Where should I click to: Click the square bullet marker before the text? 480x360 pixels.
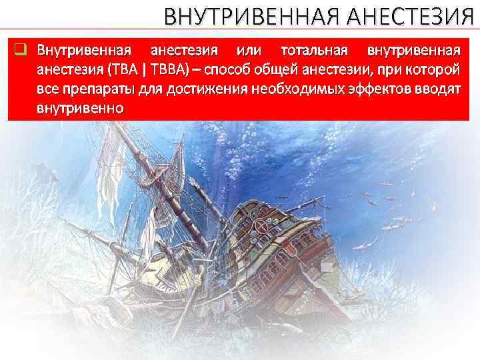coord(21,49)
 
